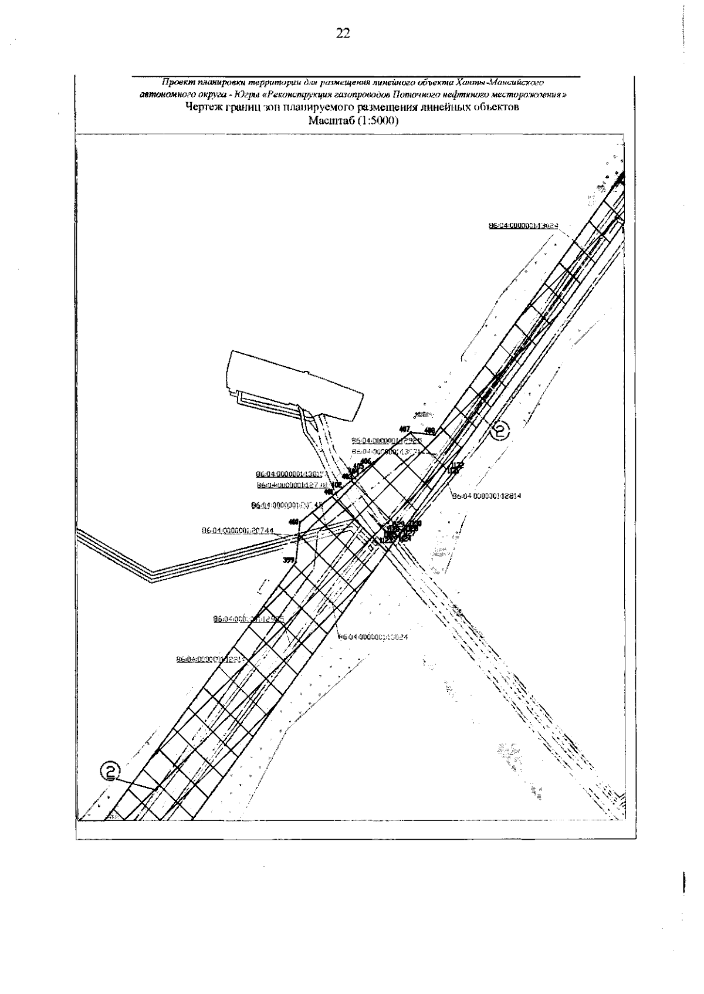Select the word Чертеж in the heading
[x=202, y=107]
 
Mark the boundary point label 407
[x=404, y=429]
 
